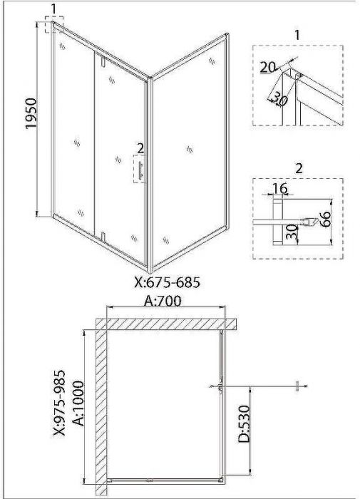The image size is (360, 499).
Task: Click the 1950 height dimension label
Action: tap(31, 114)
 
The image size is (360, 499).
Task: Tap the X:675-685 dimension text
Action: tap(167, 282)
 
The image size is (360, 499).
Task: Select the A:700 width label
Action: tap(163, 301)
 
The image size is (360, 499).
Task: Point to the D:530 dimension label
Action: tap(244, 423)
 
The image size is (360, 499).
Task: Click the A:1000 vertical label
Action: tap(78, 403)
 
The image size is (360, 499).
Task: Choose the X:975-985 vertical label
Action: tap(58, 403)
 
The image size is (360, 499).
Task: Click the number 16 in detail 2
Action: tap(279, 188)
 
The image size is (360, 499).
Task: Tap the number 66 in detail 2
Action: tap(325, 220)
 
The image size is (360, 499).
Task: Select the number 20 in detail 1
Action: tap(268, 67)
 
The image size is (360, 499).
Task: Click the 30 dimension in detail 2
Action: tap(292, 232)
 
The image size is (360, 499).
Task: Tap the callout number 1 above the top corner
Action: tap(53, 9)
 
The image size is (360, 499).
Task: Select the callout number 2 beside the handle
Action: tap(140, 148)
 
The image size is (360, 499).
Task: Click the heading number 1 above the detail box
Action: tap(297, 35)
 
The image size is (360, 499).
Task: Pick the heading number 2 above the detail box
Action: tap(299, 168)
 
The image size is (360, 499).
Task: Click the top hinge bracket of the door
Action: tap(103, 62)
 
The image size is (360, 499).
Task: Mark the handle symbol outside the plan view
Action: tap(298, 386)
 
